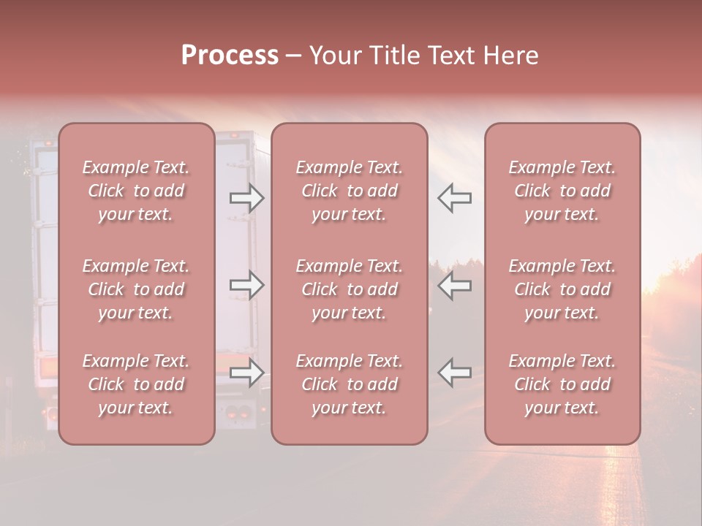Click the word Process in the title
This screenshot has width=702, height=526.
tap(230, 56)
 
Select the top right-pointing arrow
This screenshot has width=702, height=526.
tap(247, 198)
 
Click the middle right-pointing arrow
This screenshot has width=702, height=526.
tap(247, 285)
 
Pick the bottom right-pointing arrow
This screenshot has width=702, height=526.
tap(247, 373)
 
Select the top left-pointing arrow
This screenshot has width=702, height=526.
tap(454, 198)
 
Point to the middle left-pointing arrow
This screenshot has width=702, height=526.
tap(454, 285)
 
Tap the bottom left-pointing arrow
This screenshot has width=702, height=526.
tap(454, 373)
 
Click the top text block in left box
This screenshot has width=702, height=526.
tap(136, 191)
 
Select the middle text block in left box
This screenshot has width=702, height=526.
tap(136, 289)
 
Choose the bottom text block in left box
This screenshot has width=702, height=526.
tap(136, 384)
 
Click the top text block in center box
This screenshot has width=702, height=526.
tap(350, 191)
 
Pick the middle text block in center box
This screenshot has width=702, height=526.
tap(350, 289)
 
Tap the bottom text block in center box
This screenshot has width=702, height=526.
tap(350, 384)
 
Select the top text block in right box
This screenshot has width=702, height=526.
tap(562, 191)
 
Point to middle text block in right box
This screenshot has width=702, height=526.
tap(562, 289)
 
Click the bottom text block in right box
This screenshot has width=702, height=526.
tap(562, 384)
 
